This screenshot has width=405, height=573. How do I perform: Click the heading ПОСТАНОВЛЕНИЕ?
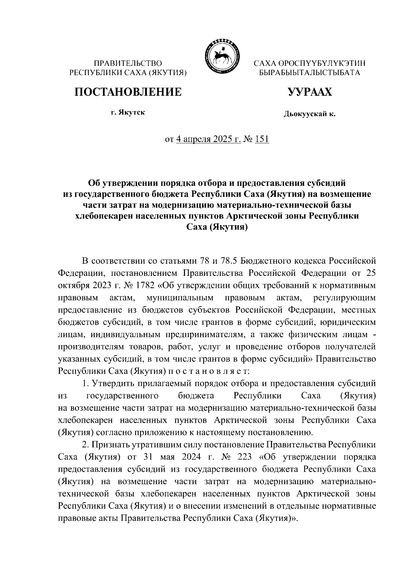[x=128, y=92]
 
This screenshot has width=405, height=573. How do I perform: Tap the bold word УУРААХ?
[x=309, y=92]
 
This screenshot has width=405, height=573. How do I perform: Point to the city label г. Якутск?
[x=128, y=112]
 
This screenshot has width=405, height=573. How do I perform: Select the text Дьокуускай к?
[x=309, y=115]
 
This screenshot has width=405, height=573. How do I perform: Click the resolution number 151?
[x=262, y=139]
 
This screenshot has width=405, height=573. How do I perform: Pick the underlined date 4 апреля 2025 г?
[x=209, y=139]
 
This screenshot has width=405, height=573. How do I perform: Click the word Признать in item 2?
[x=112, y=445]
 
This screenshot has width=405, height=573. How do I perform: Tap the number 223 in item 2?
[x=243, y=457]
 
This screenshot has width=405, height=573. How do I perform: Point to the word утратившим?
[x=157, y=445]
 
